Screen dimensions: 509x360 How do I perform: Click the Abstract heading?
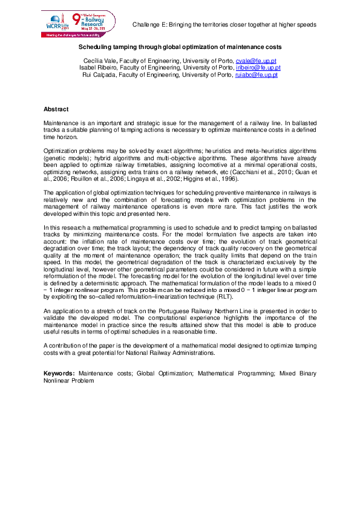[56, 109]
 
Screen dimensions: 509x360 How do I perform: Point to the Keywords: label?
[59, 374]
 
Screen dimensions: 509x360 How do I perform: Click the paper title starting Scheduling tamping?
[180, 47]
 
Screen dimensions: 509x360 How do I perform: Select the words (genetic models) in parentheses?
[64, 159]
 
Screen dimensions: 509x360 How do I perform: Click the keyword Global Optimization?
[165, 374]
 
